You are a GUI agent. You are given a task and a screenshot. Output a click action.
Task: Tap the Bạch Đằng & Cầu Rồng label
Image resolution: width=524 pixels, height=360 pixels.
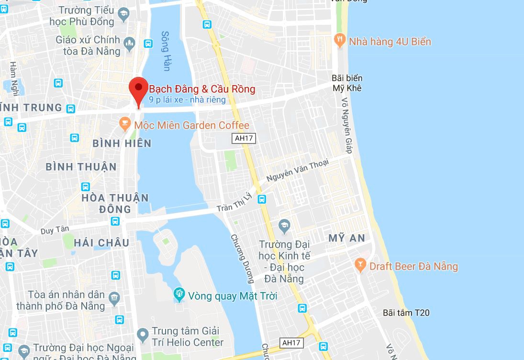click(202, 89)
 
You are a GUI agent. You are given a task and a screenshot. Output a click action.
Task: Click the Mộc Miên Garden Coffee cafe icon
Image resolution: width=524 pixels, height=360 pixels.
click(125, 125)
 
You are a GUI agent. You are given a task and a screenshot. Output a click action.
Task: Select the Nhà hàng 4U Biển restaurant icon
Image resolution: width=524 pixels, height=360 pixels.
click(340, 41)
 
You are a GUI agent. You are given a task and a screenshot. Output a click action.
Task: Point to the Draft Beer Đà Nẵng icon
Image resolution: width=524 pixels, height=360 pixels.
click(360, 265)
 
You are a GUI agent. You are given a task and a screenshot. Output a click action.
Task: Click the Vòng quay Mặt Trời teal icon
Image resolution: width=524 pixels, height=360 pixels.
click(179, 295)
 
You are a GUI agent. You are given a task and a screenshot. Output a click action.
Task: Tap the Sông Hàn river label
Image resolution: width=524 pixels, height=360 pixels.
click(166, 51)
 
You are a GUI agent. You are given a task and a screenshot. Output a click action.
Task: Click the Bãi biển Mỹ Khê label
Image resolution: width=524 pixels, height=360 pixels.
click(347, 83)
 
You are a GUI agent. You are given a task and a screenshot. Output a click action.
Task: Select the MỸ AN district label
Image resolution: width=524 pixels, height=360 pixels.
click(346, 238)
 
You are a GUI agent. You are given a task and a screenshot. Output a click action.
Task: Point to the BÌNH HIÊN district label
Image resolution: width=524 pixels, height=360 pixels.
click(122, 143)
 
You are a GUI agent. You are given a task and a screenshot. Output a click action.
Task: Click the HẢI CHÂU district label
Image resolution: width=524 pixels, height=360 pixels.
click(101, 242)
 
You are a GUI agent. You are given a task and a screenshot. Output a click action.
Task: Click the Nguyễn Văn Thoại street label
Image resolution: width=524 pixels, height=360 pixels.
click(298, 170)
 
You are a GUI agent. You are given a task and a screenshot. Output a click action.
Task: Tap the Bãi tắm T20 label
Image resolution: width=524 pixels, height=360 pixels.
click(406, 313)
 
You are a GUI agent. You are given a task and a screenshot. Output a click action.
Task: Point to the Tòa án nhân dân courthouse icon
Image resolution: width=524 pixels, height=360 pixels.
click(114, 299)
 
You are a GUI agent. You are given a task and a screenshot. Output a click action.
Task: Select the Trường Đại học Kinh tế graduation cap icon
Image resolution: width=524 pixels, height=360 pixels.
click(284, 225)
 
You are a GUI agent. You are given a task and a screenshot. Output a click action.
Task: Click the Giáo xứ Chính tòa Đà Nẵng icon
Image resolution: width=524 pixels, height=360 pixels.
click(129, 44)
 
